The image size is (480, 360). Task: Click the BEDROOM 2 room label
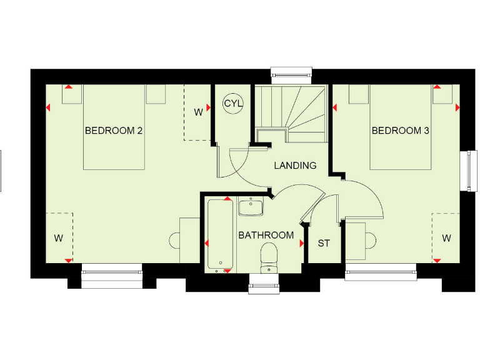coord(114,131)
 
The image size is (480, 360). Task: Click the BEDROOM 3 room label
coord(401,131)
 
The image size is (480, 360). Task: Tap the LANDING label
coord(295,166)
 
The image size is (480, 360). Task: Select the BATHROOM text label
coord(266,236)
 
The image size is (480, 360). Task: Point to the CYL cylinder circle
coord(233,103)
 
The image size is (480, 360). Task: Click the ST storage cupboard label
coord(324,243)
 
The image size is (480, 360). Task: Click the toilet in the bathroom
coord(269,257)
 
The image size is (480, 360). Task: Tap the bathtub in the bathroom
coord(221,236)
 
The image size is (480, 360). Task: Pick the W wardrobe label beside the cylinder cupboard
coord(198,112)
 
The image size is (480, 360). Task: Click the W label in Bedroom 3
coord(446,238)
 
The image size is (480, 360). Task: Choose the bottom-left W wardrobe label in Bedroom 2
coord(58,238)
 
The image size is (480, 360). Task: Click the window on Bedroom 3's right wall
coord(467,170)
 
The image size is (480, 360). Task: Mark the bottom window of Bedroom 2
coord(112,276)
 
